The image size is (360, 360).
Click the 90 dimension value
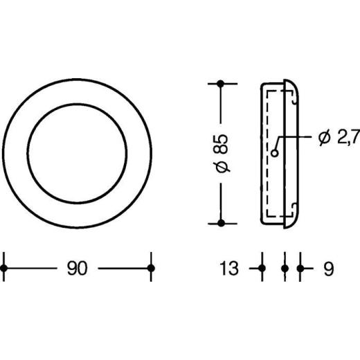(x=77, y=268)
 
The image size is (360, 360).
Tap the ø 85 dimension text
(x=222, y=154)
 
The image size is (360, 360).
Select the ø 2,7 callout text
(x=339, y=138)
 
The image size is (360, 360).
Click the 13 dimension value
(x=228, y=268)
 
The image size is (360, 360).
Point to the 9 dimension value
(x=329, y=269)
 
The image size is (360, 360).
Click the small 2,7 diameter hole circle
(x=275, y=153)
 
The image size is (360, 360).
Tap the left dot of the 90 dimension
(x=4, y=269)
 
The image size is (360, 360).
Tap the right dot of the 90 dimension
(x=151, y=269)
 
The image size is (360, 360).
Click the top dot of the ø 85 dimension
(x=221, y=84)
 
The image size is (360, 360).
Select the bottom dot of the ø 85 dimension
(x=221, y=223)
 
